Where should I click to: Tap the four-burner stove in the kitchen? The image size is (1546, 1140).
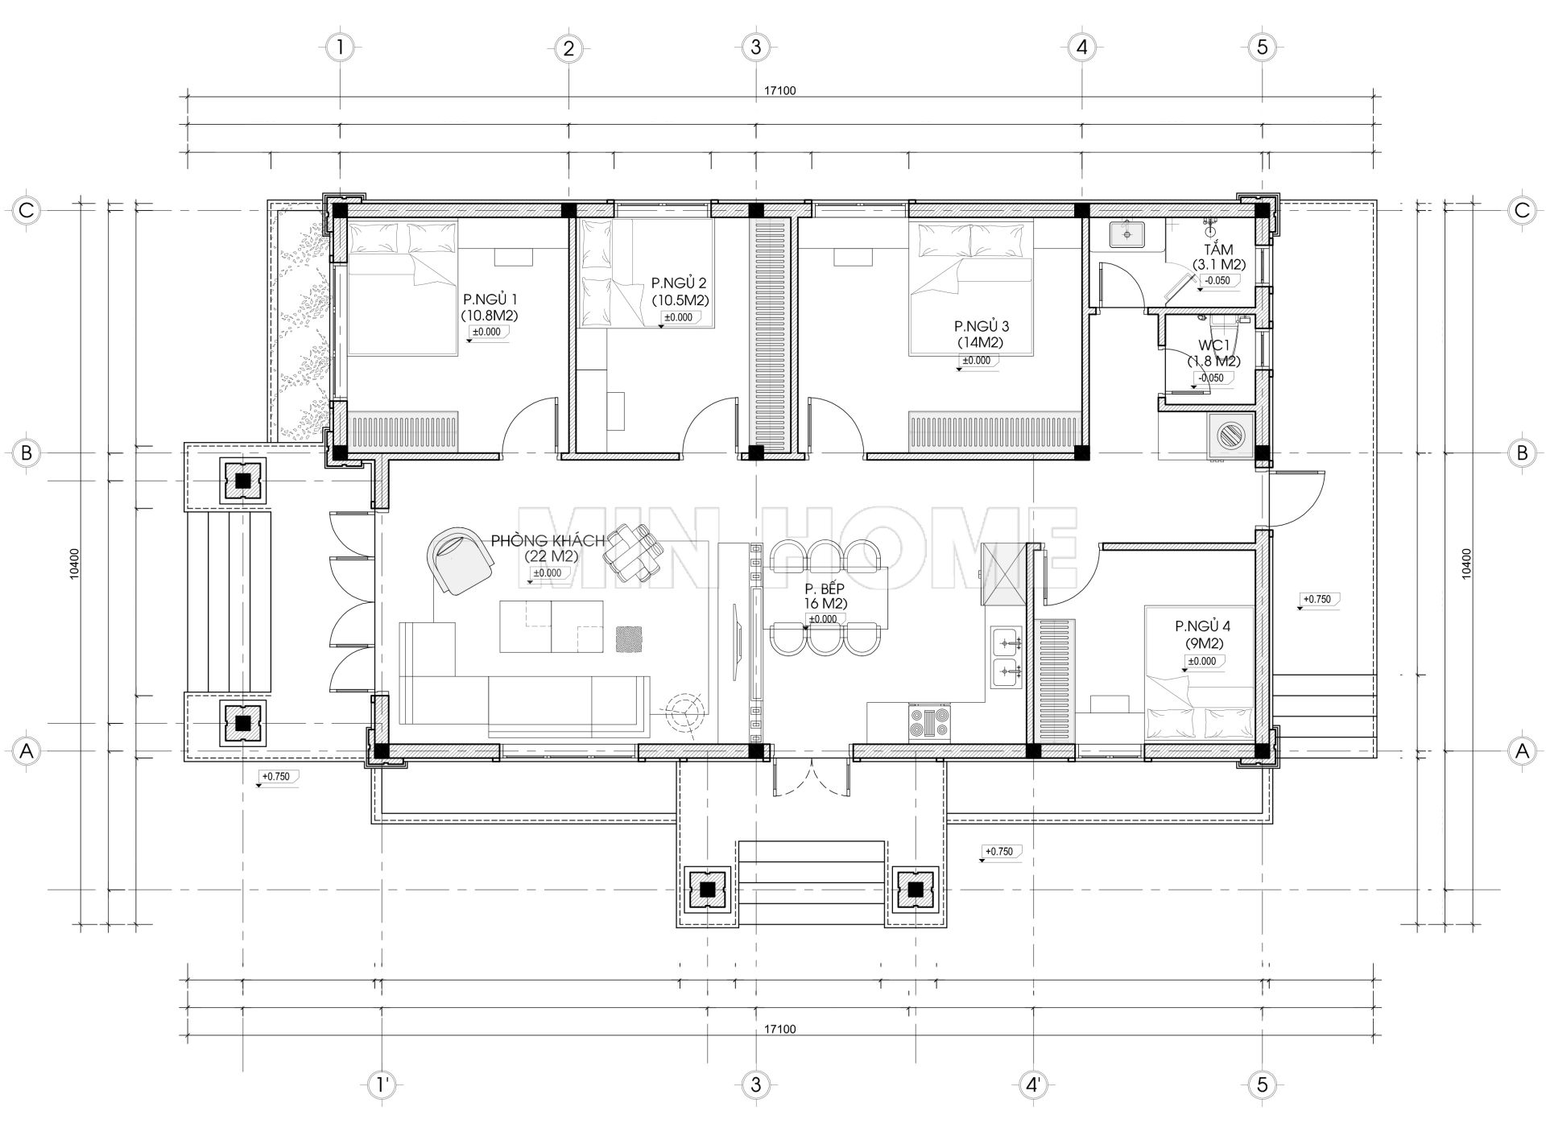click(929, 722)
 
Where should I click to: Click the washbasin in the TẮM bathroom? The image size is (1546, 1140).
click(1126, 235)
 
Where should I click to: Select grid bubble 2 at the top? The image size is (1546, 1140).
click(568, 48)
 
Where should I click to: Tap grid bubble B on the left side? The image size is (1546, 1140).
click(26, 452)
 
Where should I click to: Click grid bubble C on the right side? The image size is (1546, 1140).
click(1521, 211)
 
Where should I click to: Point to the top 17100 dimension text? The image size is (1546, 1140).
click(779, 91)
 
